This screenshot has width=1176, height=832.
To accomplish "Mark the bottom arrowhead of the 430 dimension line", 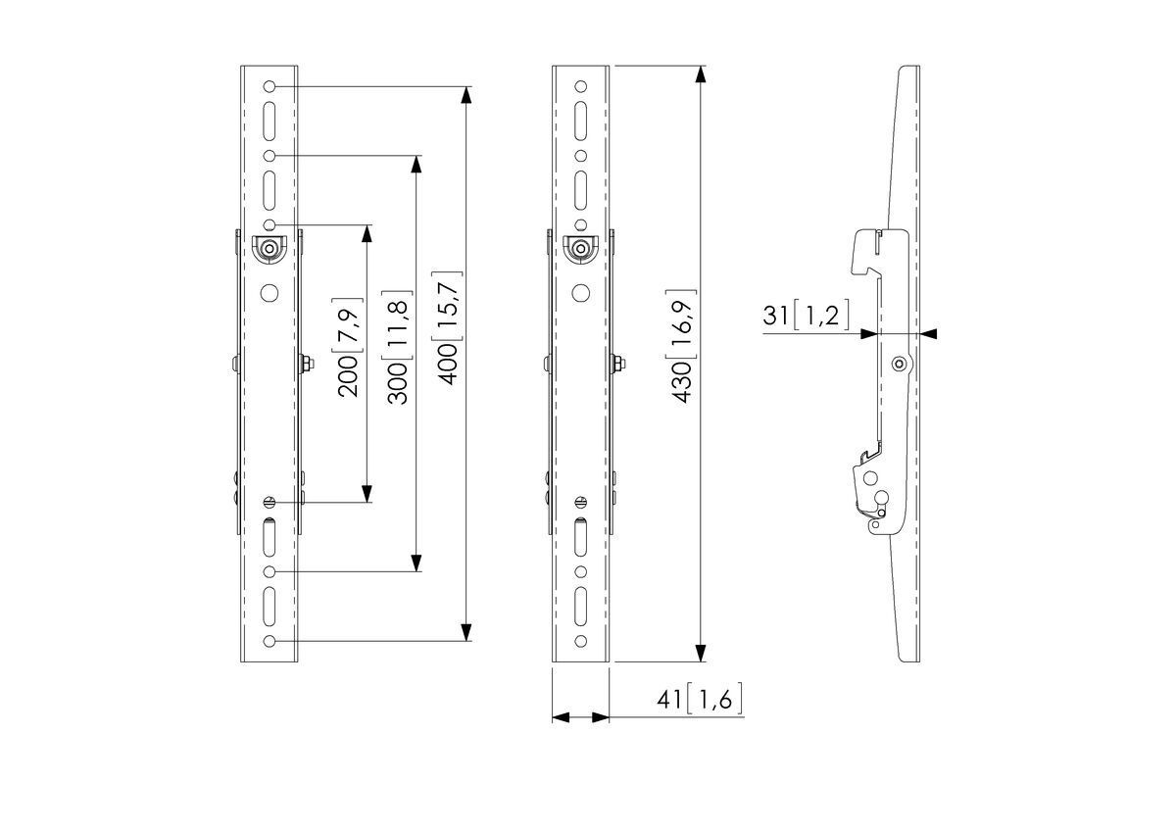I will tap(700, 654).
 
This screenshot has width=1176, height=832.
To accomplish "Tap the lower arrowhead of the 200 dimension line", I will tap(367, 494).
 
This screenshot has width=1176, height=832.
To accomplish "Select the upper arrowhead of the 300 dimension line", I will tap(416, 165).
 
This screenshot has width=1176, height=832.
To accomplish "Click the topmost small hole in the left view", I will tap(269, 86).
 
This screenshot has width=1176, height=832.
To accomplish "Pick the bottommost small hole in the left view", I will tap(269, 642).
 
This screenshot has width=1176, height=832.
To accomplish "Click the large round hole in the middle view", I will tap(580, 293).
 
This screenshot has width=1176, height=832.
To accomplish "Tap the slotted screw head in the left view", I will tap(269, 502).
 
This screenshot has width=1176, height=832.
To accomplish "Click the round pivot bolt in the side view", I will tap(900, 365).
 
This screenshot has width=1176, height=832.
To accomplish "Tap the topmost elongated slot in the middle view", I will tap(580, 122).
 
